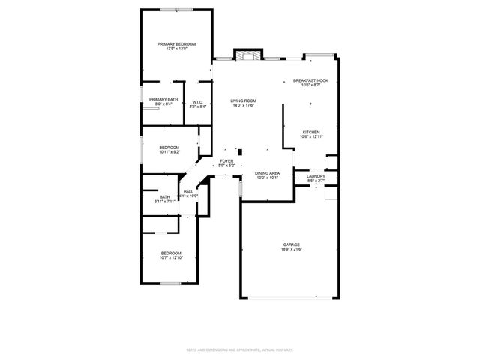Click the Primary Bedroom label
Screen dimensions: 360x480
[x=176, y=44]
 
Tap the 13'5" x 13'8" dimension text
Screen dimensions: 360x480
[x=176, y=49]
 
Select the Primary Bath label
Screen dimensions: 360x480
[x=163, y=100]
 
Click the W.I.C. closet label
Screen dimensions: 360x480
[x=197, y=102]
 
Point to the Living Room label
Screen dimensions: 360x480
[x=243, y=100]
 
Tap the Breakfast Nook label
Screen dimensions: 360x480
[x=310, y=80]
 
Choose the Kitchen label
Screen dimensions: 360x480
[x=311, y=132]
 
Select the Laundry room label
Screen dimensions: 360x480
[x=316, y=176]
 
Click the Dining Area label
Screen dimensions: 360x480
[x=268, y=173]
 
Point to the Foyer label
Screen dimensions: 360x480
[x=226, y=160]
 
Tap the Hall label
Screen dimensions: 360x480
[x=188, y=191]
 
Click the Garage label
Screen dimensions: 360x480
[x=292, y=244]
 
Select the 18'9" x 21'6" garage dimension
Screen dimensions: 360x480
[x=292, y=250]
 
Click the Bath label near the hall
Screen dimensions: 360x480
[x=164, y=197]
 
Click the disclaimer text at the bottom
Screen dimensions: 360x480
[x=240, y=350]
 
